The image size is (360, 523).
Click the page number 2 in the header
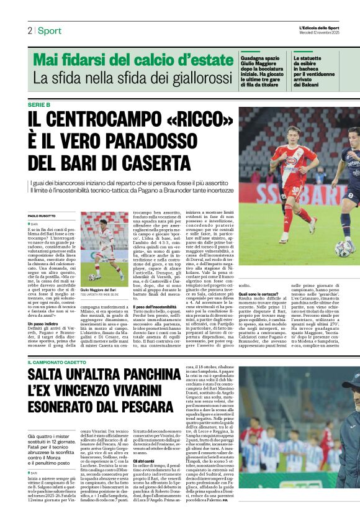coord(29,30)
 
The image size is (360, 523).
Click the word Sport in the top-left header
coord(50,30)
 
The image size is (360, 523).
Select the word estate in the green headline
coord(207,60)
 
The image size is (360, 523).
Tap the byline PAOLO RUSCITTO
coord(42,215)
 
